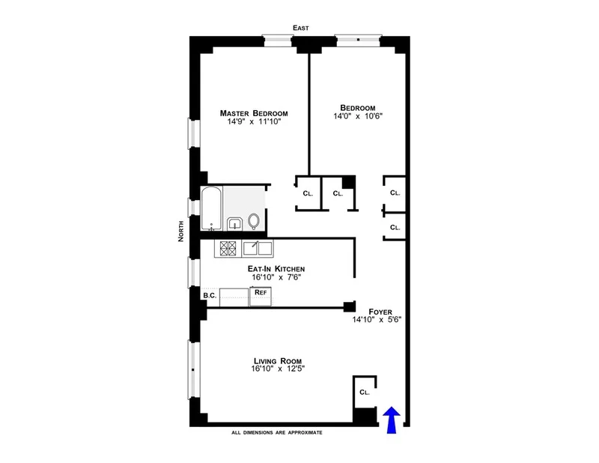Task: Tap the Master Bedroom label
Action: [x=253, y=113]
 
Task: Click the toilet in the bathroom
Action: [x=254, y=221]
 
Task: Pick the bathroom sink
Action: [x=234, y=223]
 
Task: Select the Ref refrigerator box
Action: [x=261, y=293]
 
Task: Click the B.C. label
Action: [x=210, y=295]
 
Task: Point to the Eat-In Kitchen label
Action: [x=276, y=268]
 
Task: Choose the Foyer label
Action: [x=380, y=310]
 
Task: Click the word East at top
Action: [x=301, y=28]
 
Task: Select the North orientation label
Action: [x=181, y=237]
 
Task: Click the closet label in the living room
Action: [x=364, y=392]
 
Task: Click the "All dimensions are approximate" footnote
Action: [x=277, y=432]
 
